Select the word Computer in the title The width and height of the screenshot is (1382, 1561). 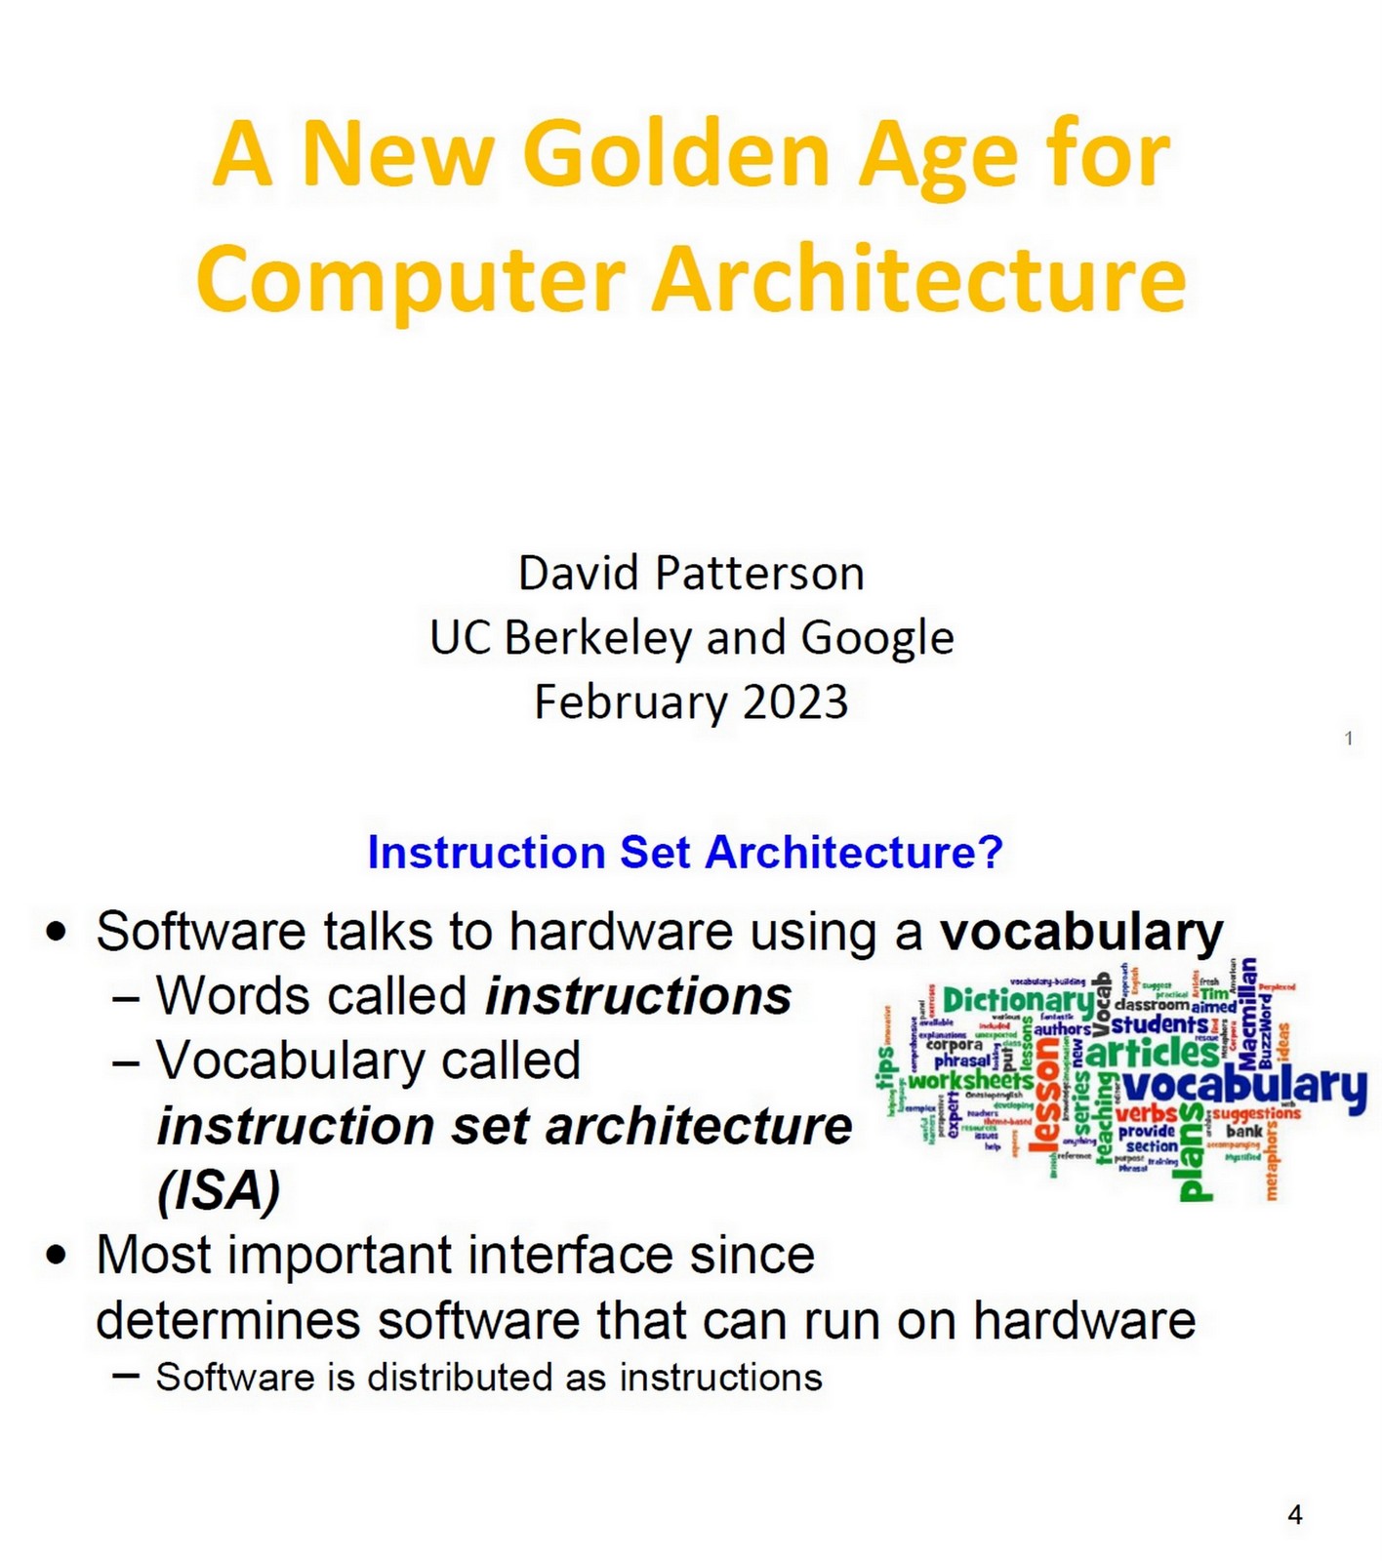(x=410, y=280)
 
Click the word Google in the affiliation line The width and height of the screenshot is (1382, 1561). (x=876, y=639)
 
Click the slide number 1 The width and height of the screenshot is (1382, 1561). (x=1349, y=739)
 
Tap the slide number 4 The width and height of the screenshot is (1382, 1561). (x=1295, y=1514)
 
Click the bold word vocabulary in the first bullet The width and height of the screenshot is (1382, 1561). (x=1081, y=932)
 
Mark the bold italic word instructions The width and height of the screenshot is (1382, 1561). (x=638, y=996)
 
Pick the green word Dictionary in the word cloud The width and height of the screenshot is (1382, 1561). (x=1018, y=1000)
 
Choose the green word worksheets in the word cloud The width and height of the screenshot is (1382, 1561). (x=970, y=1081)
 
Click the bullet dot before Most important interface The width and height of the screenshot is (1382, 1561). (x=58, y=1255)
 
